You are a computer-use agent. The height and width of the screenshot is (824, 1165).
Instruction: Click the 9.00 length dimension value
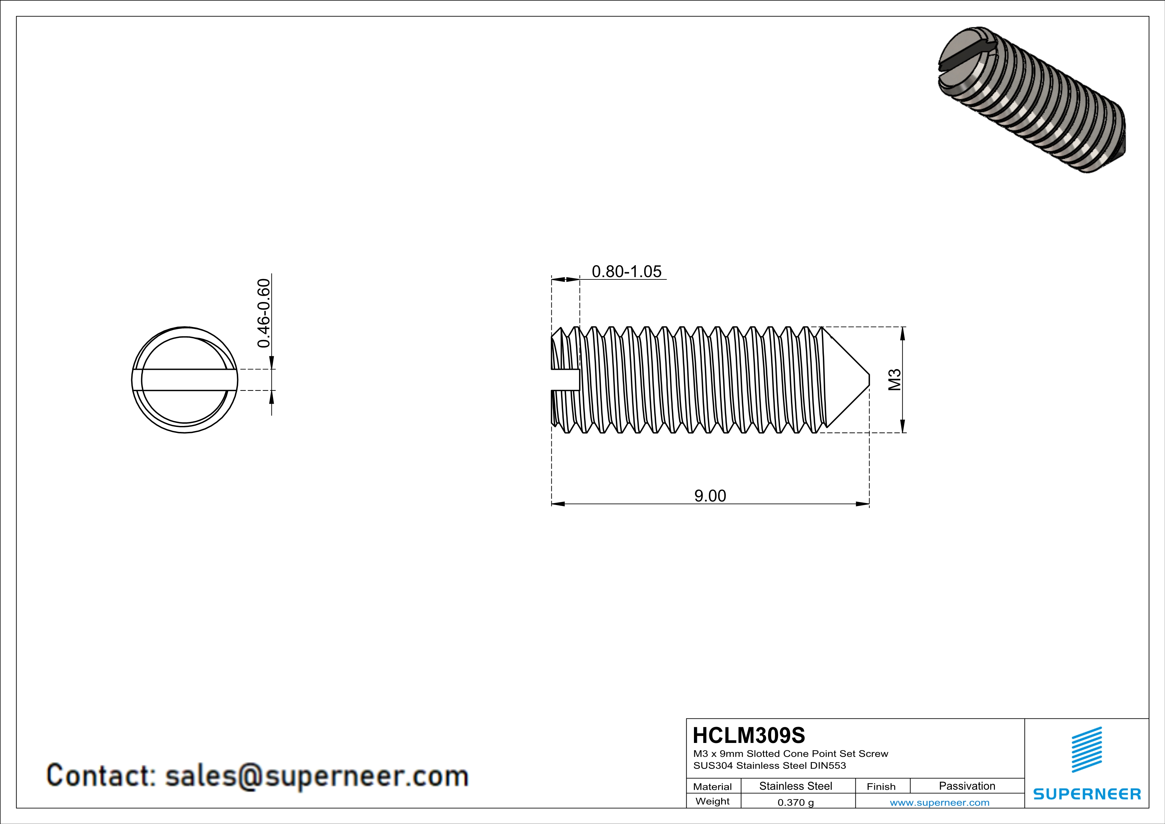(710, 496)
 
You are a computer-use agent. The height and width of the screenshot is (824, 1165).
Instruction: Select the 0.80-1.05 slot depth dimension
(627, 271)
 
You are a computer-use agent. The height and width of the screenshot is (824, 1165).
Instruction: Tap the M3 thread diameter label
(895, 379)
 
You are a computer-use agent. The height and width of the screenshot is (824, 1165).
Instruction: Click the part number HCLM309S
(748, 735)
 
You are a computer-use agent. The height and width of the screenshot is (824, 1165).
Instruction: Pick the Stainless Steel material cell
(796, 786)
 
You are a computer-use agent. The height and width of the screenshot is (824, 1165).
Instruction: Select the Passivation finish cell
(967, 786)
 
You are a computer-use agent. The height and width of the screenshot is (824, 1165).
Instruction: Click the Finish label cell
(881, 786)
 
